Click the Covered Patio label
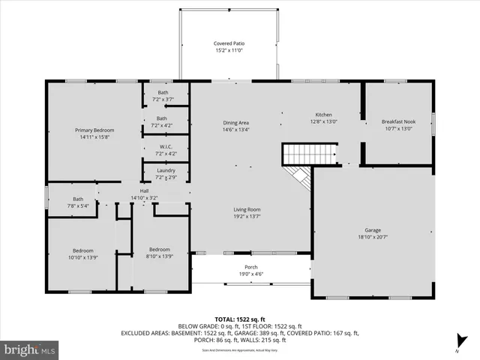[229, 43]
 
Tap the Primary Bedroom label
[94, 130]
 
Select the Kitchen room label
[323, 115]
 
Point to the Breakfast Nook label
[397, 122]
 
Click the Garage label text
[373, 231]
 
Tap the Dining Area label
[235, 123]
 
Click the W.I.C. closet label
[166, 147]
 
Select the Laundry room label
[166, 170]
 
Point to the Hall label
[144, 191]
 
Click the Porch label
[251, 268]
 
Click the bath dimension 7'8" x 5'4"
[78, 205]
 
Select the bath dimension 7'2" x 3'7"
[163, 99]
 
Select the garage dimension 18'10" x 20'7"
[373, 238]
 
